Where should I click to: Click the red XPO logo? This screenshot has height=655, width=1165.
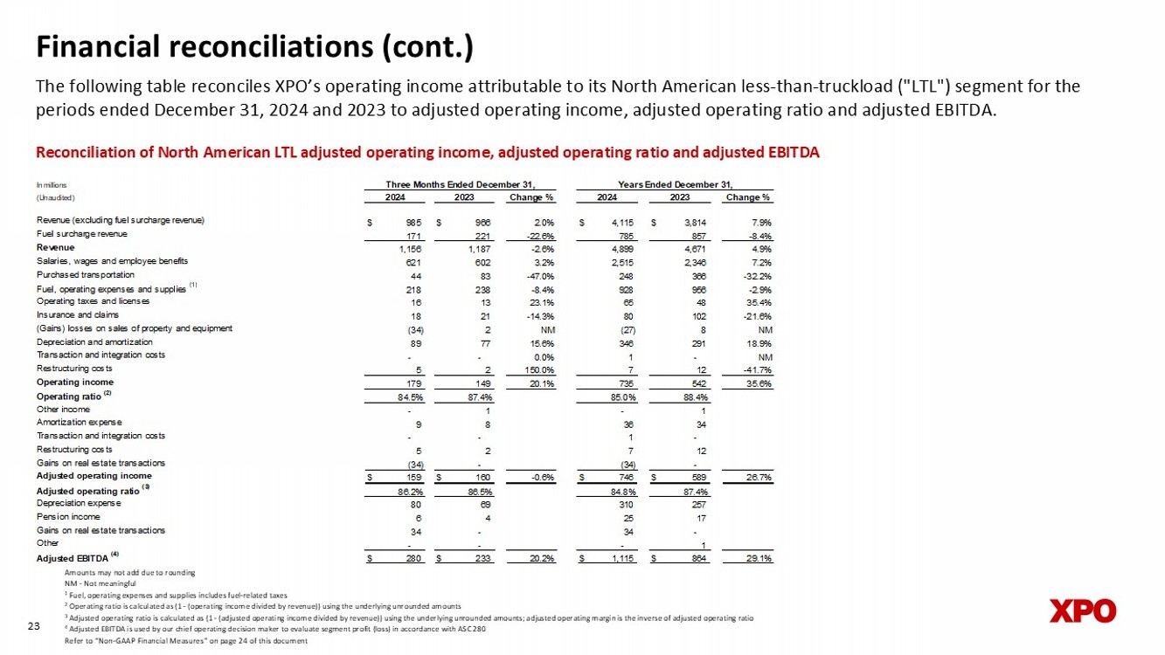click(1082, 610)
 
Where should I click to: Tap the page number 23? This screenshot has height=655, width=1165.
click(35, 625)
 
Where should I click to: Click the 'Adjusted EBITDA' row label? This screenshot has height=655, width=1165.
click(72, 557)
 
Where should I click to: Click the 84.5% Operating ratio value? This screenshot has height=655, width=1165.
click(410, 396)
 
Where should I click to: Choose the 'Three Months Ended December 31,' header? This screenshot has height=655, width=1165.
click(460, 183)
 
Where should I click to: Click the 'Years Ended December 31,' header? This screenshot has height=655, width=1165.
click(675, 183)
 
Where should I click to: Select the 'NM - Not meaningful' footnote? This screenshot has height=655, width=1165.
click(101, 583)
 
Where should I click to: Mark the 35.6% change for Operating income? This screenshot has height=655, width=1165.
click(757, 382)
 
